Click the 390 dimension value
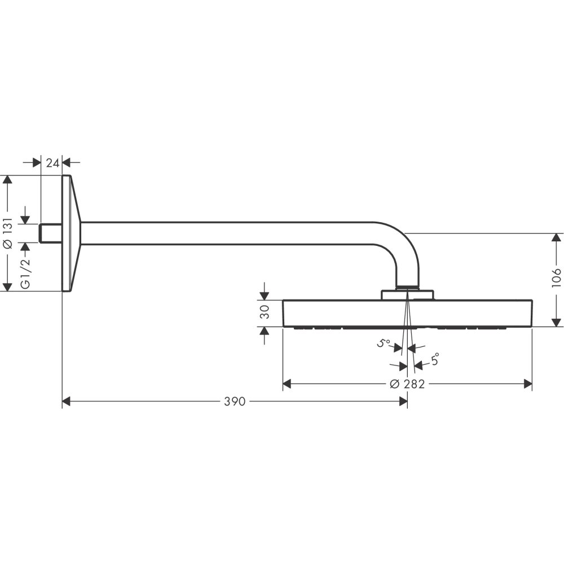pyautogui.click(x=234, y=402)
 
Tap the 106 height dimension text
pyautogui.click(x=557, y=279)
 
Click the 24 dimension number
pyautogui.click(x=52, y=162)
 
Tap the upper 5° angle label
pyautogui.click(x=385, y=342)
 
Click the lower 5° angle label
pyautogui.click(x=434, y=359)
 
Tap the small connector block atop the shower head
pyautogui.click(x=407, y=294)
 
